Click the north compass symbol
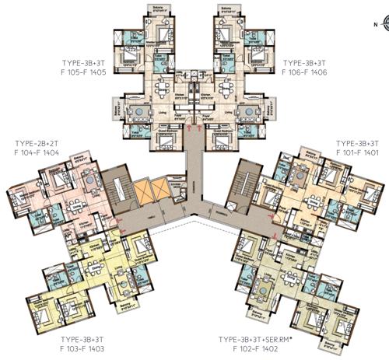click(377, 24)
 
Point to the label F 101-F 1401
click(356, 153)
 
